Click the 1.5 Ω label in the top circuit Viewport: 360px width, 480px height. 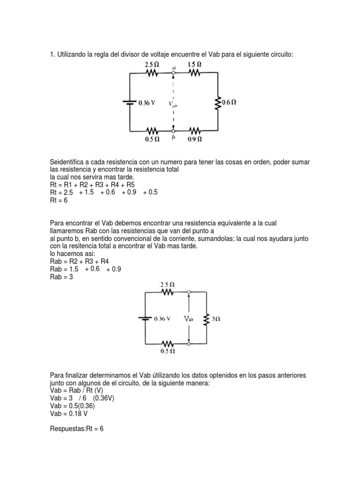(195, 64)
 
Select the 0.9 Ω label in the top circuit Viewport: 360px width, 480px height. (195, 139)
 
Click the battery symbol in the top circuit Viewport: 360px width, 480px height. (130, 102)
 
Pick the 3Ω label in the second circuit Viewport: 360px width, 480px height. (216, 318)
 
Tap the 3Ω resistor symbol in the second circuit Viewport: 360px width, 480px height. (206, 318)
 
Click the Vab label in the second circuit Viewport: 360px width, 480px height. (188, 318)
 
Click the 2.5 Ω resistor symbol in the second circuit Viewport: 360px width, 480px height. (167, 292)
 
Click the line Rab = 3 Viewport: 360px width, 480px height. (62, 277)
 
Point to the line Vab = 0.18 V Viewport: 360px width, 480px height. (68, 414)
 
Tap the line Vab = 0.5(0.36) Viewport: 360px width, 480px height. (72, 406)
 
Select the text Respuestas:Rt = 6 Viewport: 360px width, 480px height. (76, 428)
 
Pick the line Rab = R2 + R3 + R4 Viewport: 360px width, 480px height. (79, 261)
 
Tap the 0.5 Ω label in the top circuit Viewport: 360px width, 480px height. (153, 139)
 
